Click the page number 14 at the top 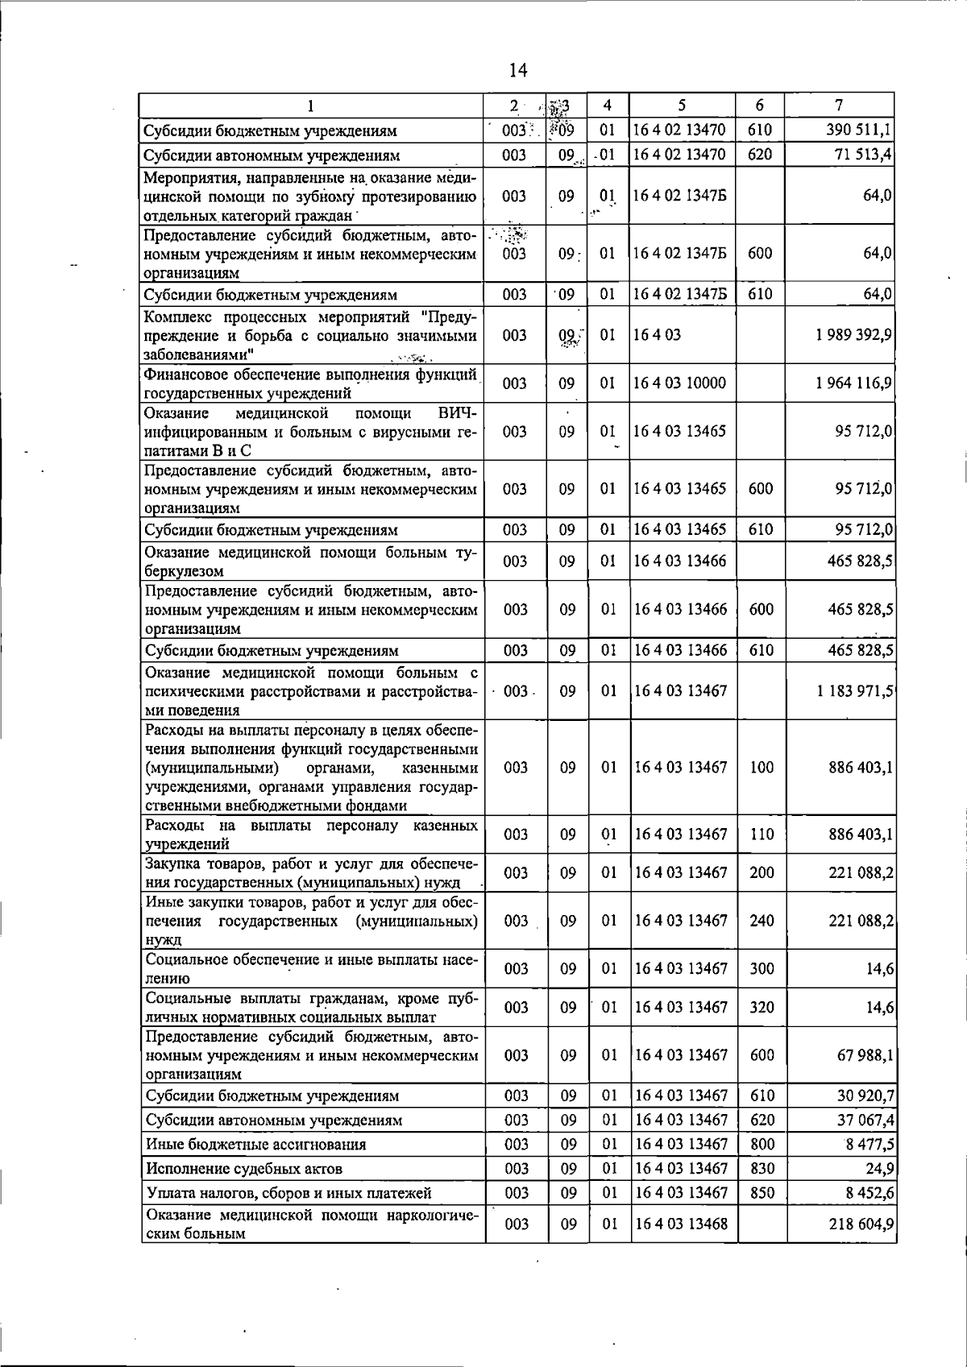click(518, 71)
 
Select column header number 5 click(682, 105)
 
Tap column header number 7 click(840, 105)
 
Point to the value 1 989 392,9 click(853, 335)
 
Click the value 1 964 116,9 click(853, 383)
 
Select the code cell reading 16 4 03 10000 click(680, 383)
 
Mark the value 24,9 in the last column click(878, 1169)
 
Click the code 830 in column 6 click(762, 1169)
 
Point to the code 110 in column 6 click(762, 835)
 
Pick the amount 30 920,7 click(863, 1096)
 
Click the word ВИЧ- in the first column click(457, 413)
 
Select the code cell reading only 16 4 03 click(658, 335)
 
